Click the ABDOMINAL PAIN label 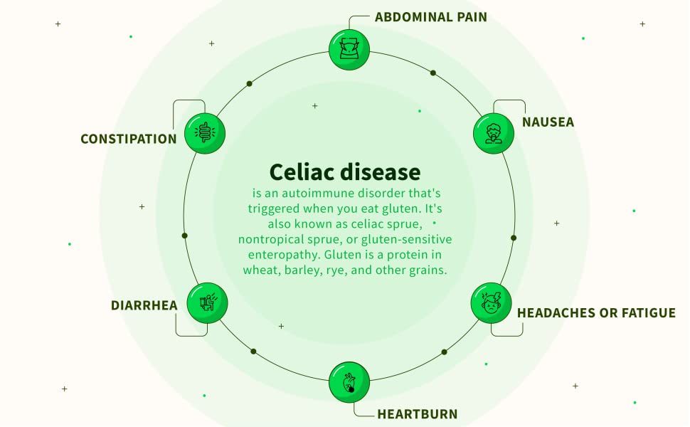point(431,17)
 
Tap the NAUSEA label point(548,122)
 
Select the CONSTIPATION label point(129,139)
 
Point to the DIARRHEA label point(144,305)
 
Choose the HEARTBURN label point(417,414)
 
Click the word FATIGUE point(649,313)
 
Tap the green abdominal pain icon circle point(349,49)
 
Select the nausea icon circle point(493,133)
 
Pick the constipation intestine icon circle point(205,133)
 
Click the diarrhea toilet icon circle point(207,303)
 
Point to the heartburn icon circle point(349,382)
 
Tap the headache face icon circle point(491,303)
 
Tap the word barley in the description point(303,270)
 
